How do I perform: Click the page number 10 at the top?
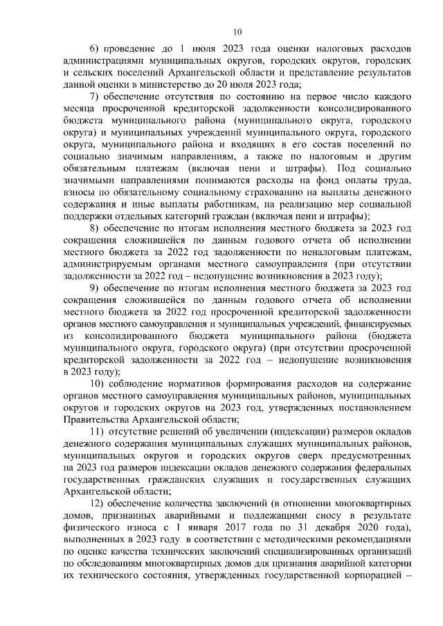click(x=237, y=31)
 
